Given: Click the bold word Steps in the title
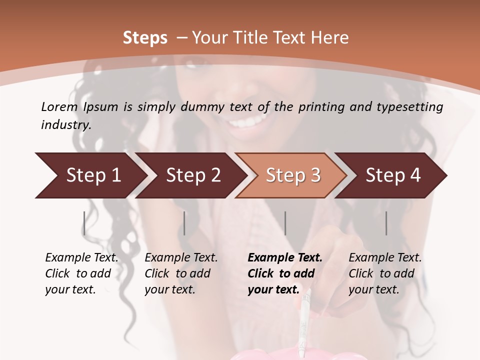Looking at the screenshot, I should pyautogui.click(x=145, y=38).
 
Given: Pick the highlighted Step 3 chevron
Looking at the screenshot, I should pyautogui.click(x=293, y=175).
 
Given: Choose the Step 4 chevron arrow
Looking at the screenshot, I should pyautogui.click(x=393, y=175).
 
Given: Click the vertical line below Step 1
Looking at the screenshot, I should pyautogui.click(x=84, y=223).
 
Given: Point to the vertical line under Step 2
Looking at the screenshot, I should pyautogui.click(x=184, y=223).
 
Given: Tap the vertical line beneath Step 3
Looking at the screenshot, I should pyautogui.click(x=285, y=223).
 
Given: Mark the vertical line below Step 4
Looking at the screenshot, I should pyautogui.click(x=386, y=223).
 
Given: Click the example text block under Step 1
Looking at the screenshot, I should pyautogui.click(x=81, y=273).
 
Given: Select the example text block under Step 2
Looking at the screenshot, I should pyautogui.click(x=181, y=273).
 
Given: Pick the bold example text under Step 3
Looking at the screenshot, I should pyautogui.click(x=285, y=273).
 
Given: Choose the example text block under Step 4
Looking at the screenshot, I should pyautogui.click(x=385, y=273).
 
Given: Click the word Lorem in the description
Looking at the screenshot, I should pyautogui.click(x=59, y=106).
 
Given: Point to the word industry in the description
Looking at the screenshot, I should pyautogui.click(x=66, y=125).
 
